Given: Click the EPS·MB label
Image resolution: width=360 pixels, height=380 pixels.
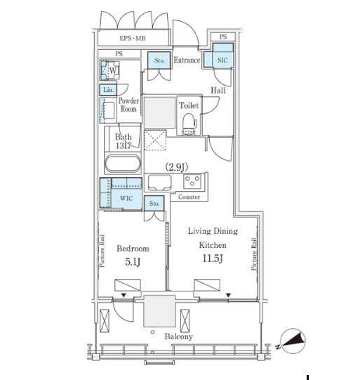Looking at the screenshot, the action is pyautogui.click(x=133, y=39).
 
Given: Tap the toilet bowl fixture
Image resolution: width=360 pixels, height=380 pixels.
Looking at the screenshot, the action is pyautogui.click(x=189, y=124).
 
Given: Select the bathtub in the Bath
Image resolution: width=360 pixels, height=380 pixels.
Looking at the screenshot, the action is pyautogui.click(x=123, y=163).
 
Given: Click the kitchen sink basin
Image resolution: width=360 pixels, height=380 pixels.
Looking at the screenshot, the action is pyautogui.click(x=159, y=182).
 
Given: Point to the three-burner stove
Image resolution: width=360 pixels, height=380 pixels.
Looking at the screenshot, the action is pyautogui.click(x=192, y=181).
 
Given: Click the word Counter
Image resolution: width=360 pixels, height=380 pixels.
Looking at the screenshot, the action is pyautogui.click(x=189, y=197).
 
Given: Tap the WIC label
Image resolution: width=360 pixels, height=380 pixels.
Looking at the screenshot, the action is pyautogui.click(x=126, y=198).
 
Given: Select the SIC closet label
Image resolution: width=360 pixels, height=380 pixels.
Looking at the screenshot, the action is pyautogui.click(x=222, y=60).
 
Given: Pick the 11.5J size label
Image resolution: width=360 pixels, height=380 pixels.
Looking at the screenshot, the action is pyautogui.click(x=213, y=258).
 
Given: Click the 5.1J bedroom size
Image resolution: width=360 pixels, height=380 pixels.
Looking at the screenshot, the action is pyautogui.click(x=133, y=262).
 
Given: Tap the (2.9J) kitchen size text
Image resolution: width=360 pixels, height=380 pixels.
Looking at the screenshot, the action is pyautogui.click(x=176, y=167).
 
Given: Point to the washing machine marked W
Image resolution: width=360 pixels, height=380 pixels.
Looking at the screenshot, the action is pyautogui.click(x=109, y=70).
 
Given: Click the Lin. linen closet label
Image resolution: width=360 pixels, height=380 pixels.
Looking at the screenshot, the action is pyautogui.click(x=108, y=90).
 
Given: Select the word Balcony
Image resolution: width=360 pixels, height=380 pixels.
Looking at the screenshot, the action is pyautogui.click(x=179, y=336).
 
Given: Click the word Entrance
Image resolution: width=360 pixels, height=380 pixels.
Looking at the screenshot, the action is pyautogui.click(x=187, y=60).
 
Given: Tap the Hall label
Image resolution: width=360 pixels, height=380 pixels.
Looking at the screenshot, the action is pyautogui.click(x=218, y=91).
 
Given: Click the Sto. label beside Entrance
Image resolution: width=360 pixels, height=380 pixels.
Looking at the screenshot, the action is pyautogui.click(x=159, y=60).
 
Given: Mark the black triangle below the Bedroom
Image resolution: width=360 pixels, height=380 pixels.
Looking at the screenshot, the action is pyautogui.click(x=124, y=295).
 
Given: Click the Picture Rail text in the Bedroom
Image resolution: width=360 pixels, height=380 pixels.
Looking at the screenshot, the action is pyautogui.click(x=102, y=251).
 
